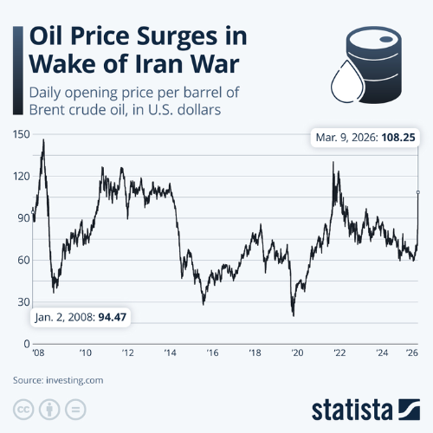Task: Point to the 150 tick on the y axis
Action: [x=21, y=134]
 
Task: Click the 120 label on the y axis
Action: [x=21, y=176]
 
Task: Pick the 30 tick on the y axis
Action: [x=23, y=302]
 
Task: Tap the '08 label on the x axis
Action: [x=38, y=354]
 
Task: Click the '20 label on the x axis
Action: [x=297, y=354]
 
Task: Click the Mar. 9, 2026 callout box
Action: [x=365, y=137]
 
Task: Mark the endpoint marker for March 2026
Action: [x=417, y=192]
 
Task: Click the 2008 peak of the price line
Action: [x=43, y=140]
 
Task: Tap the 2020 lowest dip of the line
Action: [x=293, y=315]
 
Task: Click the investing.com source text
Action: [x=79, y=379]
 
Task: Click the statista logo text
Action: [x=351, y=409]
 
